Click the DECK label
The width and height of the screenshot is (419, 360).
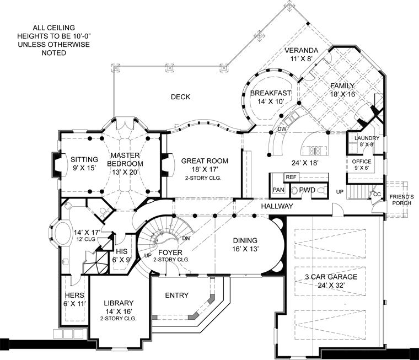pyautogui.click(x=181, y=96)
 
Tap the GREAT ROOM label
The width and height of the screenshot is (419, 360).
pyautogui.click(x=205, y=161)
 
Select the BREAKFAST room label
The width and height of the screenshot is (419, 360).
pyautogui.click(x=271, y=93)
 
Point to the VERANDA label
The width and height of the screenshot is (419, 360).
pyautogui.click(x=302, y=50)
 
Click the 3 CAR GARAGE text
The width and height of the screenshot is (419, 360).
pyautogui.click(x=331, y=277)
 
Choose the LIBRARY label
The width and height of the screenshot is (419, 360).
pyautogui.click(x=119, y=303)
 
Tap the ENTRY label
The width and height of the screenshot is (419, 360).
pyautogui.click(x=177, y=295)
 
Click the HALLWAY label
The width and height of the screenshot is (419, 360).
pyautogui.click(x=277, y=206)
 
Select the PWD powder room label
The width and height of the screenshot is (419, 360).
pyautogui.click(x=307, y=190)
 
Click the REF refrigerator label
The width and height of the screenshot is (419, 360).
pyautogui.click(x=291, y=177)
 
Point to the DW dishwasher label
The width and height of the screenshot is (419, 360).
pyautogui.click(x=282, y=129)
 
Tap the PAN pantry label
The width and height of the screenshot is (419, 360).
pyautogui.click(x=278, y=190)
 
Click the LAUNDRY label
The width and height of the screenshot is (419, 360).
pyautogui.click(x=367, y=138)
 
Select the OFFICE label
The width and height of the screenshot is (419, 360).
pyautogui.click(x=362, y=162)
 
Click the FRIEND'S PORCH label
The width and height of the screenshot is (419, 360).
pyautogui.click(x=401, y=200)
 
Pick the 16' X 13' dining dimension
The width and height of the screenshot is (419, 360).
pyautogui.click(x=245, y=249)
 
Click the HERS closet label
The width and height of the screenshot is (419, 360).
pyautogui.click(x=74, y=295)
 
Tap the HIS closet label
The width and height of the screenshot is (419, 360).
pyautogui.click(x=122, y=251)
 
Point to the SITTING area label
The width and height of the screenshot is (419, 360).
pyautogui.click(x=84, y=159)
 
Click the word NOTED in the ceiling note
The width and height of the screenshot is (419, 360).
pyautogui.click(x=53, y=53)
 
